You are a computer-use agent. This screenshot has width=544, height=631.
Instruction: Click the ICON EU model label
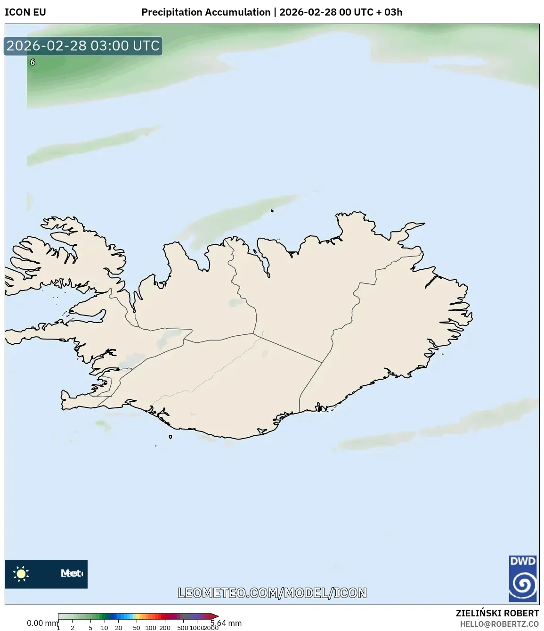tap(25, 12)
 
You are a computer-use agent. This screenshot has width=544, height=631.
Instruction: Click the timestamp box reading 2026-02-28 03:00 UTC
tap(83, 46)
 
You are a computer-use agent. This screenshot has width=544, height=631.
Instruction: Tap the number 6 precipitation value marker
tap(32, 62)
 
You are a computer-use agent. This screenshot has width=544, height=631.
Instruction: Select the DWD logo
tap(523, 578)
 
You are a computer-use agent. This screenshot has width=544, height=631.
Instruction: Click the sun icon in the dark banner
tap(21, 573)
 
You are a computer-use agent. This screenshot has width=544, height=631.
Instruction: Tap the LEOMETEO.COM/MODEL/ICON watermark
tap(272, 593)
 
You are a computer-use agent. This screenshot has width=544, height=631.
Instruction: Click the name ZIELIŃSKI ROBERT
tap(497, 613)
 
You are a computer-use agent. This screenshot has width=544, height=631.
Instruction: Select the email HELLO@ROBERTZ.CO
tap(499, 624)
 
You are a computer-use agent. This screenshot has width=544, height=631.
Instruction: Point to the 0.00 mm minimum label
tap(42, 623)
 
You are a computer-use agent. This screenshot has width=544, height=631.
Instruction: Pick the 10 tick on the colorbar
tap(105, 628)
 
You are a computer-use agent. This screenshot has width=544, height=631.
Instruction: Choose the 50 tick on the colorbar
tap(137, 628)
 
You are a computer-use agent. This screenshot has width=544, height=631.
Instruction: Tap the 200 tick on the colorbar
tap(165, 628)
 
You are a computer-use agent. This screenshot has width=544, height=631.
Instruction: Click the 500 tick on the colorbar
tap(183, 628)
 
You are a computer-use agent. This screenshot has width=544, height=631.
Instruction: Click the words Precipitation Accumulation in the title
tap(206, 12)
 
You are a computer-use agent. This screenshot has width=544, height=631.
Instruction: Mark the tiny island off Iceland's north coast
tap(272, 211)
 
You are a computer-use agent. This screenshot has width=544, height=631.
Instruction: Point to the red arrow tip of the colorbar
tap(216, 616)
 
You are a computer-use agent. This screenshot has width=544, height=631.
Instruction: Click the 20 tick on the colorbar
tap(119, 628)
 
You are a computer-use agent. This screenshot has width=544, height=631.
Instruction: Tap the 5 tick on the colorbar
tap(90, 628)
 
